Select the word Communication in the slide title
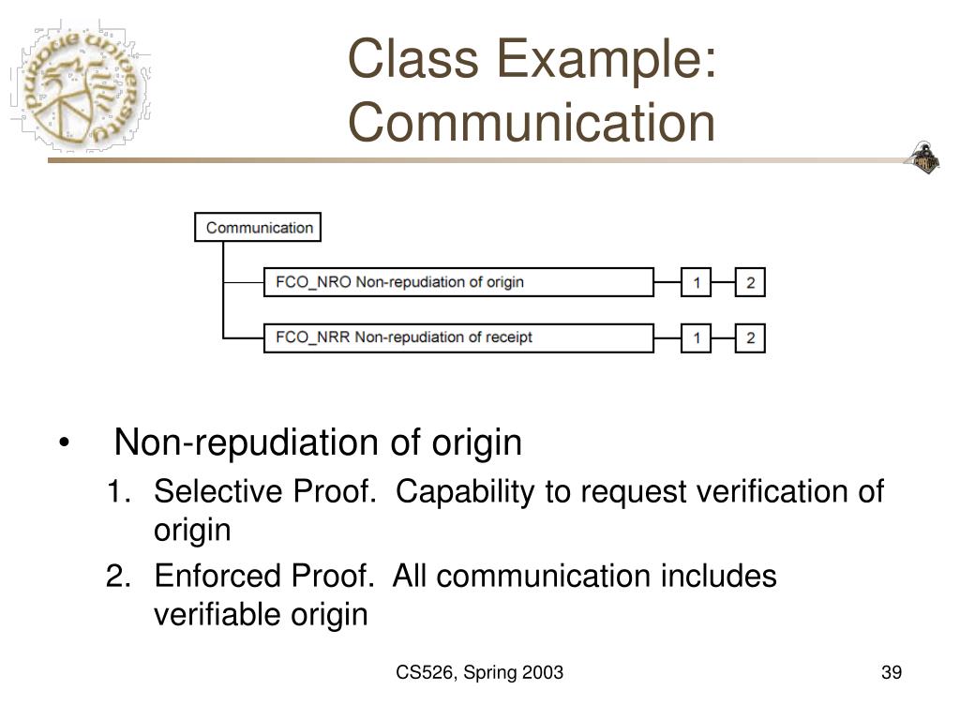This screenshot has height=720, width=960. (x=532, y=123)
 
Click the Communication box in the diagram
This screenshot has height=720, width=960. (x=259, y=228)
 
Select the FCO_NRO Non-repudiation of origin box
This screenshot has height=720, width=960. (x=458, y=282)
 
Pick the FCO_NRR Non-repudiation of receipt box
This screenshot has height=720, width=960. (x=458, y=337)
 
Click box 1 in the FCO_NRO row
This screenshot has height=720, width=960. (x=696, y=283)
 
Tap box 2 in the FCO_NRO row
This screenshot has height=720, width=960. (x=750, y=283)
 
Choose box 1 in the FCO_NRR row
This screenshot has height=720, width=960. (x=696, y=338)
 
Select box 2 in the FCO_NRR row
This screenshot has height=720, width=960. (x=750, y=338)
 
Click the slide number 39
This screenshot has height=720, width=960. (x=891, y=672)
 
